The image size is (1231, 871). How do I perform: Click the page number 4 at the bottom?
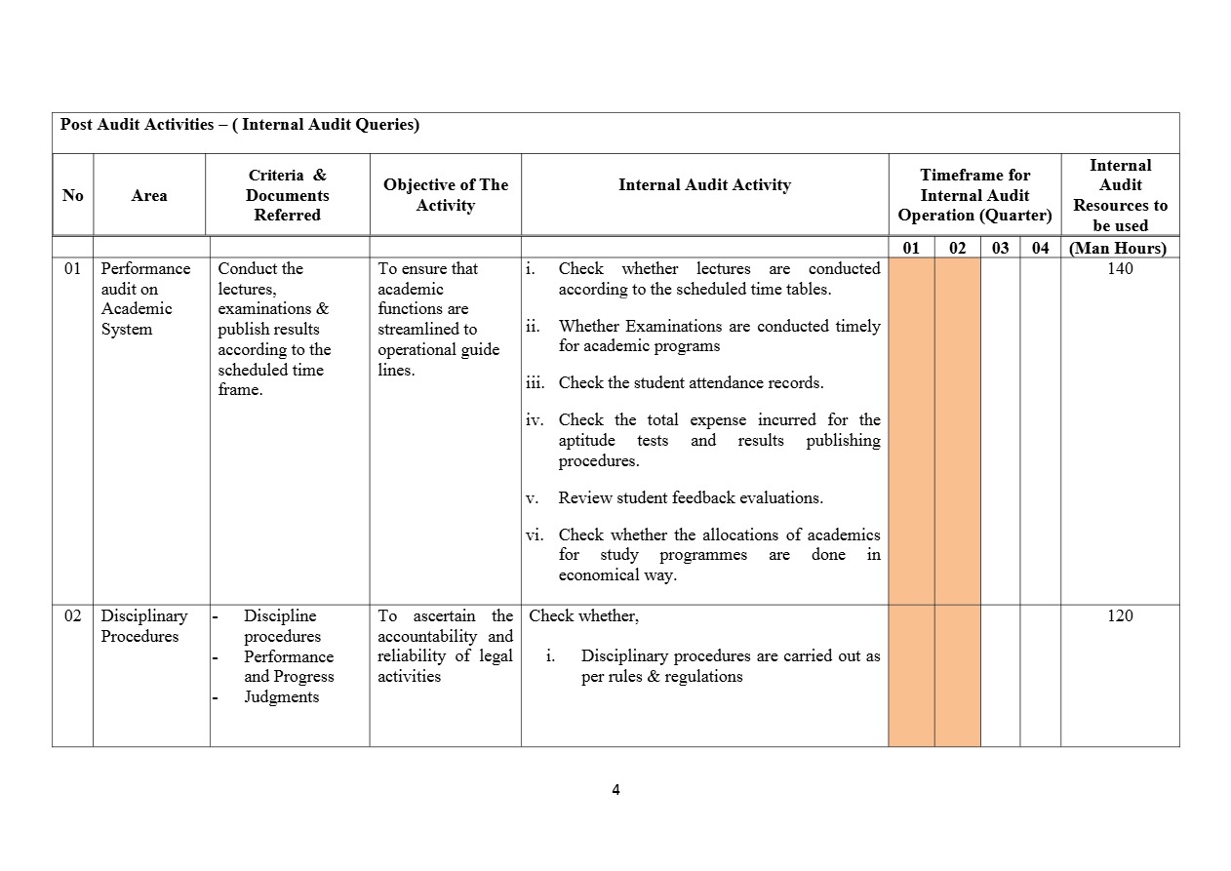click(615, 790)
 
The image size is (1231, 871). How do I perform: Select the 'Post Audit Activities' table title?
click(240, 125)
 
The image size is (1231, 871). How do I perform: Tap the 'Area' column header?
click(149, 195)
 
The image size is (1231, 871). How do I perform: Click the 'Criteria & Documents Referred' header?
click(288, 195)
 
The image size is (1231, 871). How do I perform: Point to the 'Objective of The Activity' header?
click(446, 195)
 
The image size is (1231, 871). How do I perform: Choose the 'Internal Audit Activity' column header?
click(704, 185)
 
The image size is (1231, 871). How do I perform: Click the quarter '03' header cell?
click(1000, 248)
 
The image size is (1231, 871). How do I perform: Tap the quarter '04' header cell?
click(1041, 248)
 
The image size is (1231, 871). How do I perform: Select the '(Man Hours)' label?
click(1118, 248)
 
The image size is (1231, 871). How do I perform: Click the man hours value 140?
click(1120, 269)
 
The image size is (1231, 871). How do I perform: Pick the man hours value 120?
click(1120, 616)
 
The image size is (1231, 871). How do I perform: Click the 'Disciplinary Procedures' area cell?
click(143, 626)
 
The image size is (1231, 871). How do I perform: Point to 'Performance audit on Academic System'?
click(145, 298)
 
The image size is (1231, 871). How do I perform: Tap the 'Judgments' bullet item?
click(281, 697)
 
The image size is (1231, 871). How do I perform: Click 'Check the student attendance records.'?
click(691, 383)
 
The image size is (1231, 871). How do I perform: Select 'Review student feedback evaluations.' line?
click(691, 498)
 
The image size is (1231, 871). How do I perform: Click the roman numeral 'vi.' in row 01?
click(536, 535)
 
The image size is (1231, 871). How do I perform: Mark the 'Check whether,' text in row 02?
click(583, 616)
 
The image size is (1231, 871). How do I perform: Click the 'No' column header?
click(73, 195)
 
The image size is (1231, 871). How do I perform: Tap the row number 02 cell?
click(72, 616)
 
